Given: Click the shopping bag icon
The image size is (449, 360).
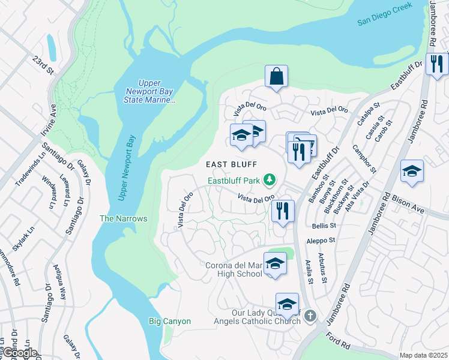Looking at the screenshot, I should click(276, 77).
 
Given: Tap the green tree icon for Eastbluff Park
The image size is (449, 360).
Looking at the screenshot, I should click(270, 179).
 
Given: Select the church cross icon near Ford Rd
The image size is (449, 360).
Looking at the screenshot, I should click(310, 316).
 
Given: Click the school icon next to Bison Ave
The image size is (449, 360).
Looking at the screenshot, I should click(412, 171).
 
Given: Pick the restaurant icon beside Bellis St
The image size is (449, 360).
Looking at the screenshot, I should click(282, 211).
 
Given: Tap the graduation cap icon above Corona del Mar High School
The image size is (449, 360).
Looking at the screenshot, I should click(275, 263).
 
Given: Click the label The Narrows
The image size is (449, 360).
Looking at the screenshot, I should click(124, 219).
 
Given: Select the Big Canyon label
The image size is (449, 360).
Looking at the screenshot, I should click(170, 322).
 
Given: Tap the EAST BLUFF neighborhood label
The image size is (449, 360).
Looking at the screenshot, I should click(232, 164).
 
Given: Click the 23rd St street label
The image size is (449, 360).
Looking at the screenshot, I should click(43, 65).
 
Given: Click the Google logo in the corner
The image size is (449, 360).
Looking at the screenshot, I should click(19, 353).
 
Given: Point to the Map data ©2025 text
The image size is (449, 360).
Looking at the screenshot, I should click(423, 355).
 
